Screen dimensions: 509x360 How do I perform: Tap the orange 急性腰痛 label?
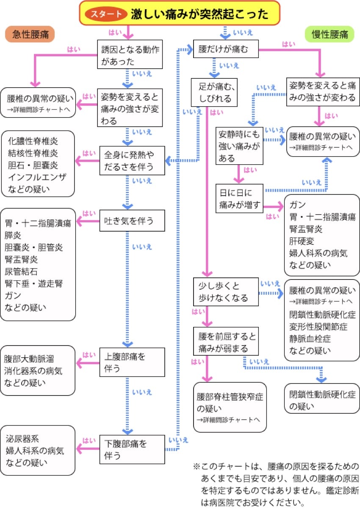(30, 34)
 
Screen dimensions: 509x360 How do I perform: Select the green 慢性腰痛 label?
(330, 34)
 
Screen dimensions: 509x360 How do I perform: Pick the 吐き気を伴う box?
(132, 221)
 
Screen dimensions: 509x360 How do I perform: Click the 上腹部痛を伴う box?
(132, 362)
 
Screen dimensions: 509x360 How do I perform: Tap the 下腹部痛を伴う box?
(132, 450)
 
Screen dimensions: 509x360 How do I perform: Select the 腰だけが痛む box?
(226, 49)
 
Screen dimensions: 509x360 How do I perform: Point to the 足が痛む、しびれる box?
(214, 93)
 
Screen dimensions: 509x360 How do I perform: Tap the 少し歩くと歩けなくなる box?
(226, 292)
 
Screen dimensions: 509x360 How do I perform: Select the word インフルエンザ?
(37, 177)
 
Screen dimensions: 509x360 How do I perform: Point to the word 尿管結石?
(21, 271)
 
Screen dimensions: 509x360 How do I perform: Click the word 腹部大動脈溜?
(29, 359)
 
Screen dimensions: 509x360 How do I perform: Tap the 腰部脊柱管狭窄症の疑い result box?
(230, 407)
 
